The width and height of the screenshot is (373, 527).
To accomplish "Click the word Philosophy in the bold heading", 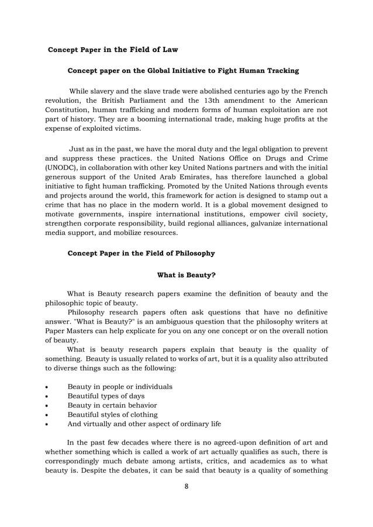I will click(192, 253).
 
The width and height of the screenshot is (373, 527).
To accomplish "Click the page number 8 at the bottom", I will click(186, 492).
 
